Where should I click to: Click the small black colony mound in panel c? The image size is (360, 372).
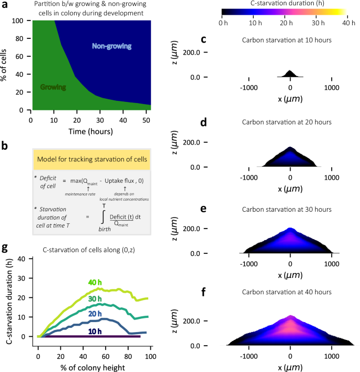(x=290, y=74)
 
